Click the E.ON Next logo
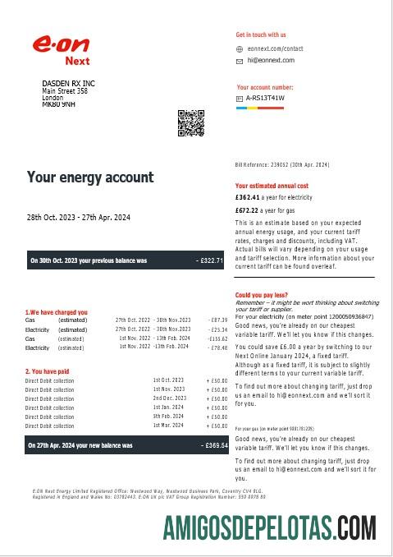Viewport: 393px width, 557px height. coord(61,49)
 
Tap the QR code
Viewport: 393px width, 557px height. coord(190,122)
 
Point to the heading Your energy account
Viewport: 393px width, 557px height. coord(90,177)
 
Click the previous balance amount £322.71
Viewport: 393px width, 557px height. coord(211,260)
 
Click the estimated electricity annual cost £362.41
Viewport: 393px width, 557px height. coord(247,198)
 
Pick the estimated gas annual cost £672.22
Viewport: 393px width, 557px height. coord(247,210)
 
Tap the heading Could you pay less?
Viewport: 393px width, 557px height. coord(261,295)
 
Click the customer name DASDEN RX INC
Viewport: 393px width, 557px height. coord(68,84)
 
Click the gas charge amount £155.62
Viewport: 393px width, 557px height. coord(217,338)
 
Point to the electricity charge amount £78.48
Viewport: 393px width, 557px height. coord(217,348)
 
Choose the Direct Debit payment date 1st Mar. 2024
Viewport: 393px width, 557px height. coord(168,426)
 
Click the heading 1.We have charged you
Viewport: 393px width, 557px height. coord(57,312)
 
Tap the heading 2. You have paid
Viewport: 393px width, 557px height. coord(46,371)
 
